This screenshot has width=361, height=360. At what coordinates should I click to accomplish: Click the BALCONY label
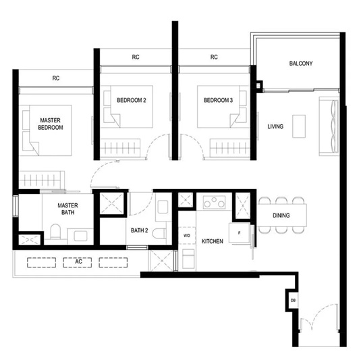point(301,63)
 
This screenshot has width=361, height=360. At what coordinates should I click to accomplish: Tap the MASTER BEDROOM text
point(51,124)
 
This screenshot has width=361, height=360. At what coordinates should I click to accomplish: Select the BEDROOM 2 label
point(131,100)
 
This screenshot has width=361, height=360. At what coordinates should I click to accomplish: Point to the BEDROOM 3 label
point(218,100)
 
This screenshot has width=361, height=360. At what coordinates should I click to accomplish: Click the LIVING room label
point(275,126)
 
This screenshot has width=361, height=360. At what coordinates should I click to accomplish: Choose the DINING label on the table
point(281,215)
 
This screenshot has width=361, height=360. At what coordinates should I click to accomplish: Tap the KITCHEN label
point(213,241)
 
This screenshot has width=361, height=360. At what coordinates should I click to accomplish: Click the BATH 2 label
point(139,230)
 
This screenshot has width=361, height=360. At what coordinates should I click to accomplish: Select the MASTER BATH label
point(67,209)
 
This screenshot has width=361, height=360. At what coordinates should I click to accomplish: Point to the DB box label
point(293,301)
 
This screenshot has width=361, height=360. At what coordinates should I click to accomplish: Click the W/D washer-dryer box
point(187,236)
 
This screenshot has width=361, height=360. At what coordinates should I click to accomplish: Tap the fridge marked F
point(240,233)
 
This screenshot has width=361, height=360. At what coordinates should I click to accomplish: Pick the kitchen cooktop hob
point(214,202)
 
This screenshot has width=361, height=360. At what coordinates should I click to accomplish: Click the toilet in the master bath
point(55,231)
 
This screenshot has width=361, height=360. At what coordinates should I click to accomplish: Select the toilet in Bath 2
point(159,233)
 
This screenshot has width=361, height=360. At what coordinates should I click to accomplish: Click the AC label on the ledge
point(78,261)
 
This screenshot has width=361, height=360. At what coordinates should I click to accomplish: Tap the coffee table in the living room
point(299,126)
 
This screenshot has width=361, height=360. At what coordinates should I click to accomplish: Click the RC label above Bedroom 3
point(214,57)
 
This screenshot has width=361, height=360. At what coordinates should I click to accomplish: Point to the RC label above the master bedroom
point(56,78)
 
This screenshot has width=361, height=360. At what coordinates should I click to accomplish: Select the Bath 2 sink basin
point(163,207)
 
